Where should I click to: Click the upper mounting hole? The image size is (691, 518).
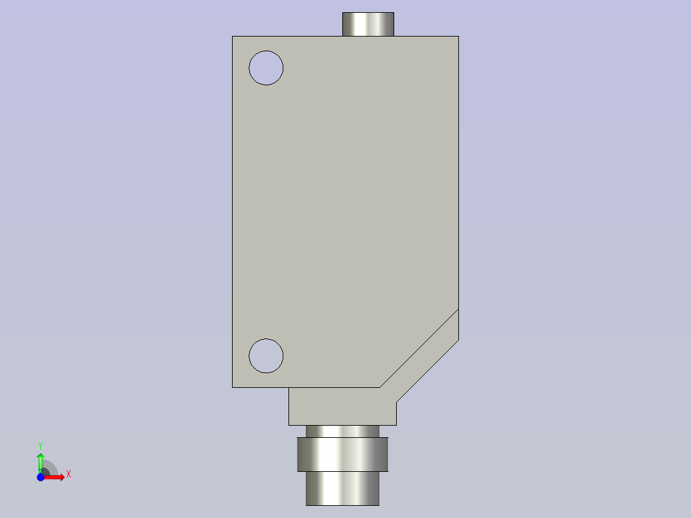(x=266, y=68)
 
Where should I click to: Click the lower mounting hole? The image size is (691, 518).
(x=266, y=356)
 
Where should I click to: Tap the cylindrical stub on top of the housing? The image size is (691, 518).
(x=368, y=24)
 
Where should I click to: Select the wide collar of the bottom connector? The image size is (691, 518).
(x=342, y=455)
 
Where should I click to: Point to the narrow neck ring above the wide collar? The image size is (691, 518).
(x=342, y=431)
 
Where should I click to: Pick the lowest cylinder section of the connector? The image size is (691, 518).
(x=342, y=489)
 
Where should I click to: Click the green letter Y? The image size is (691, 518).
(x=40, y=446)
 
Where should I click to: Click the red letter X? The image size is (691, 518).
(x=69, y=474)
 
